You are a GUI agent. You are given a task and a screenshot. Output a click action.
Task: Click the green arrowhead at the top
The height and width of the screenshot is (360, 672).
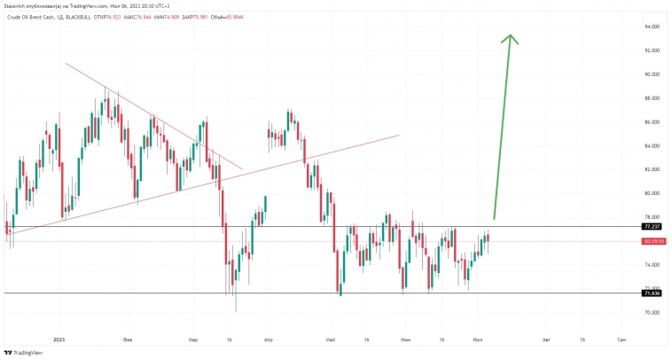click(510, 39)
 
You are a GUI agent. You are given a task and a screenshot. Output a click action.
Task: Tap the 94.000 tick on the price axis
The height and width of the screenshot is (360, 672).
click(652, 27)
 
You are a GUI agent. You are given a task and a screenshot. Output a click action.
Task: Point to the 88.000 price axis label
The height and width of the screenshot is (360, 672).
click(652, 98)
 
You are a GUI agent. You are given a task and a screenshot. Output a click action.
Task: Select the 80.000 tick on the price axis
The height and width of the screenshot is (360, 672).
click(652, 193)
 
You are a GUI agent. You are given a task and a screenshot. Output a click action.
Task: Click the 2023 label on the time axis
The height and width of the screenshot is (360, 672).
click(59, 339)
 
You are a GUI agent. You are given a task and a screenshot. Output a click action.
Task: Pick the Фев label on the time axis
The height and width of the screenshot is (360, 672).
click(129, 339)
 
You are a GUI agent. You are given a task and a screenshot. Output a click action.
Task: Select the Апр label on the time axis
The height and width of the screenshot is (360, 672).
click(268, 339)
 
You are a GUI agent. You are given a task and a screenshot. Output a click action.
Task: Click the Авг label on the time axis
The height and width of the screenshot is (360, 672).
click(546, 339)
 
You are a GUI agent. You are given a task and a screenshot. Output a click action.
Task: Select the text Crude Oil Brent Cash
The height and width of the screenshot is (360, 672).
click(31, 17)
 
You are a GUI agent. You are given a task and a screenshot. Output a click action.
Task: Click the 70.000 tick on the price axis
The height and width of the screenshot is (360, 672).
click(652, 313)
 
